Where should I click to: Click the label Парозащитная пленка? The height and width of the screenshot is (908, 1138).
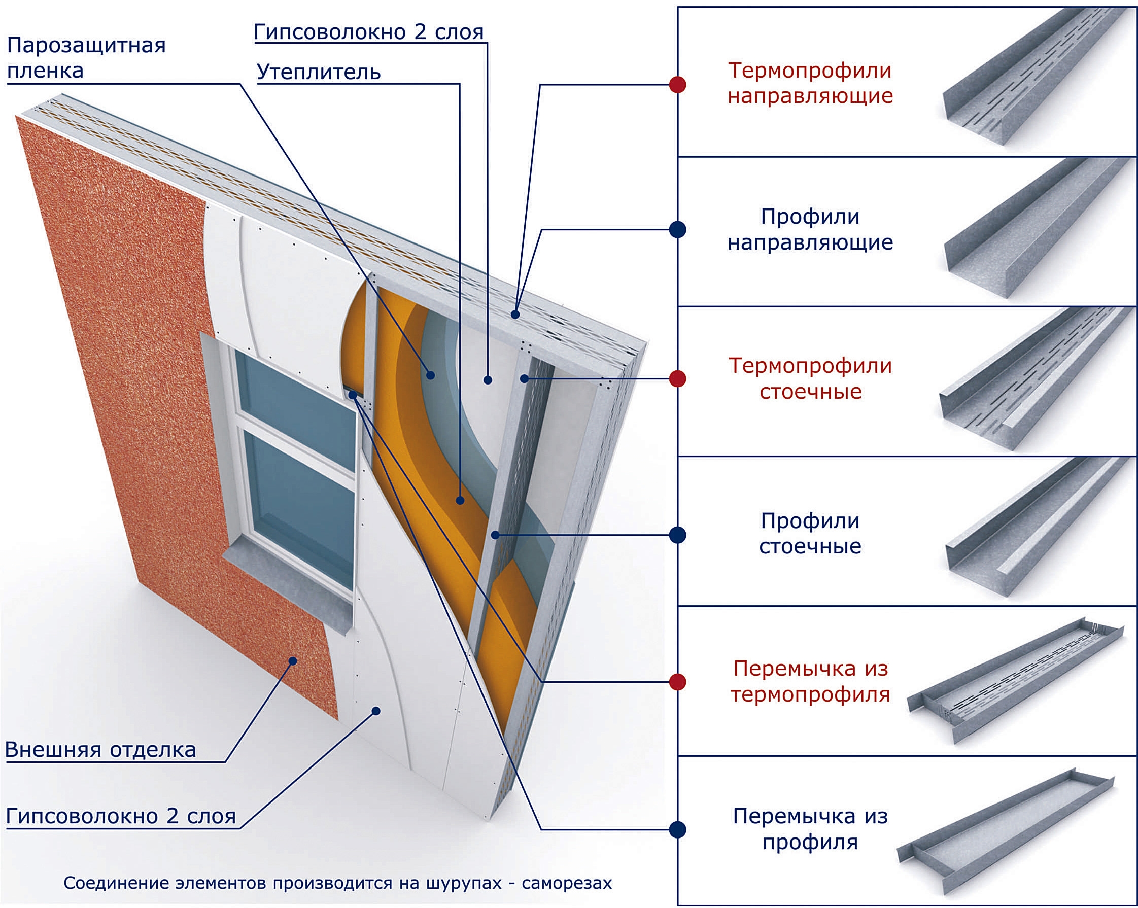click(86, 58)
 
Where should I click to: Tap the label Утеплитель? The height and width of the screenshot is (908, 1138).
click(318, 72)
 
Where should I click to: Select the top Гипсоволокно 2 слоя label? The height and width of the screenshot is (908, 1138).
click(368, 32)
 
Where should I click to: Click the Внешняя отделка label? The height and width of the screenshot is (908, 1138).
click(100, 750)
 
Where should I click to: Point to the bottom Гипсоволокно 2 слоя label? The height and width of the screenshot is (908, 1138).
click(120, 816)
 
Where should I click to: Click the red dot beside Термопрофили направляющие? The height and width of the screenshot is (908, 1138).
click(677, 84)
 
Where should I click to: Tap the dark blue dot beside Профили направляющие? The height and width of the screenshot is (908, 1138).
click(677, 229)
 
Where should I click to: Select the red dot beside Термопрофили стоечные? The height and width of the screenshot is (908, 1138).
click(677, 378)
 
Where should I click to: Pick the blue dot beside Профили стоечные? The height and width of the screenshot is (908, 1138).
click(677, 535)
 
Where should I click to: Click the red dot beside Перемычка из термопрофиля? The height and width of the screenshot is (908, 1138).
click(677, 682)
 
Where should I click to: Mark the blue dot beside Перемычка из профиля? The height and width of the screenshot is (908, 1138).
click(677, 829)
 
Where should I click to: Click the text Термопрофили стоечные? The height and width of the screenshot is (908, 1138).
click(810, 379)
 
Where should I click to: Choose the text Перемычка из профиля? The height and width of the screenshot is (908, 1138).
click(810, 829)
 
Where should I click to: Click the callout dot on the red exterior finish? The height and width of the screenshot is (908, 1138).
click(293, 661)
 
